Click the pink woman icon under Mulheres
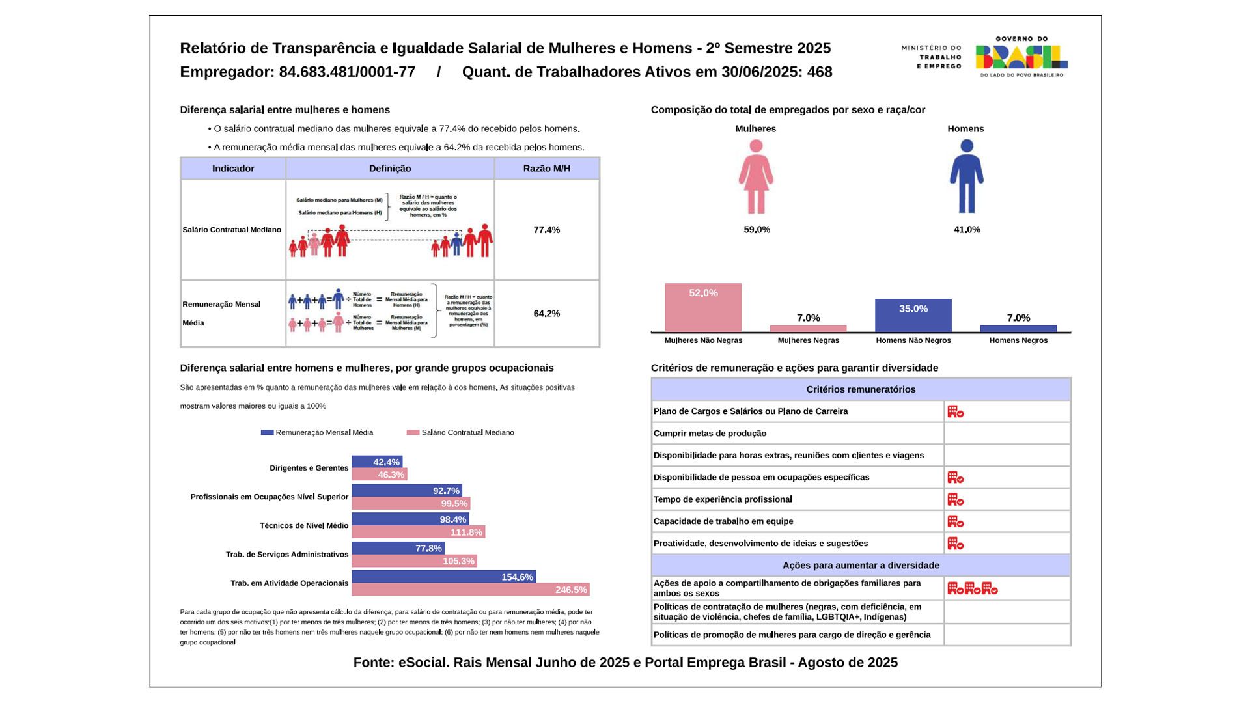(x=756, y=176)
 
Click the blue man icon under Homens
(x=967, y=176)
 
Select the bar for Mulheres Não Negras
(x=703, y=307)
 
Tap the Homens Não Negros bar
(x=913, y=316)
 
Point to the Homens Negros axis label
(x=1018, y=340)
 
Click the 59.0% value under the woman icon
(x=757, y=230)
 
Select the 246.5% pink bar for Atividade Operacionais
(x=470, y=590)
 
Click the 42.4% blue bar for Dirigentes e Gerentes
(x=377, y=462)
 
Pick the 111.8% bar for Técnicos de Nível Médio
(x=418, y=532)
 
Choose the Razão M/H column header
(x=546, y=169)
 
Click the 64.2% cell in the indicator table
(x=546, y=314)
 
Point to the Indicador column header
(x=233, y=169)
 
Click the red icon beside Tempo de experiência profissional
(x=955, y=500)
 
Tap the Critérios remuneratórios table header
(x=861, y=389)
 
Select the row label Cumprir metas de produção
(x=710, y=434)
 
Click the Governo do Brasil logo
(x=1021, y=57)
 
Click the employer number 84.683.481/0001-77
(x=347, y=72)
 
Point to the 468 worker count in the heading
(x=820, y=72)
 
